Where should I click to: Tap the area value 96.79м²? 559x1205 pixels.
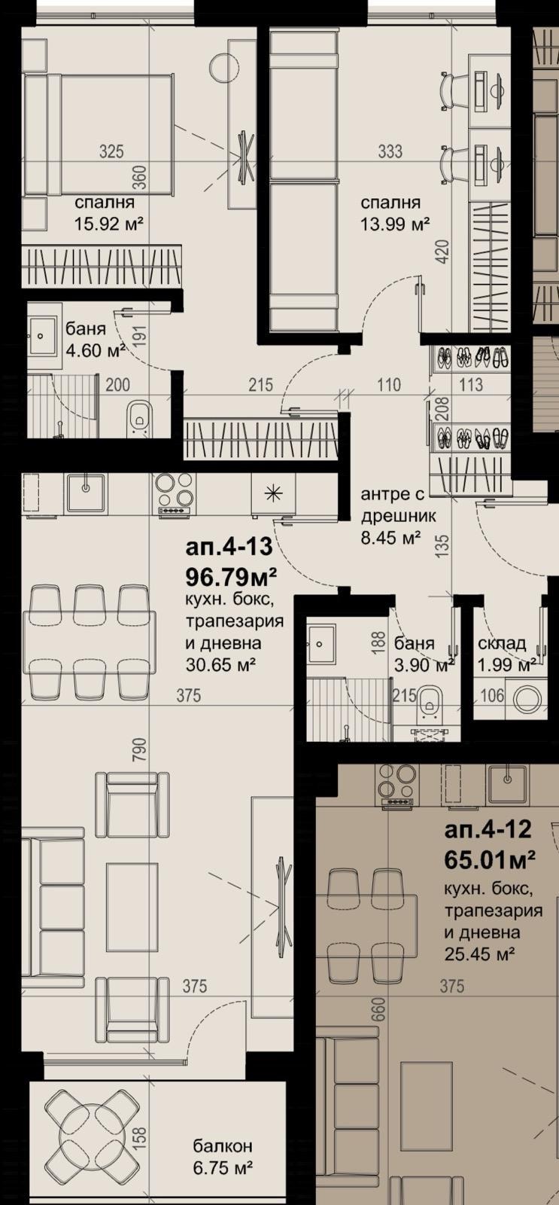pos(232,577)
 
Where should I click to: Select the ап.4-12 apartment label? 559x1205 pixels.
pos(488,831)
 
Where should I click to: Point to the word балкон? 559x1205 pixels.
pos(222,1146)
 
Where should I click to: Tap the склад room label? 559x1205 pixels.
pos(502,644)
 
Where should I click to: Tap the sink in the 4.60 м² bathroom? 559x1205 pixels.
pos(43,328)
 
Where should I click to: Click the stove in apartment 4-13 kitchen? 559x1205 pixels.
pos(175,493)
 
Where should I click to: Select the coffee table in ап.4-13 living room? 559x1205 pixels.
pos(132,905)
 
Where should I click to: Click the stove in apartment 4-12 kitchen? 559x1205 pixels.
pos(396,787)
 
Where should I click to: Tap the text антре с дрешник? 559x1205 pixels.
pos(393,506)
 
